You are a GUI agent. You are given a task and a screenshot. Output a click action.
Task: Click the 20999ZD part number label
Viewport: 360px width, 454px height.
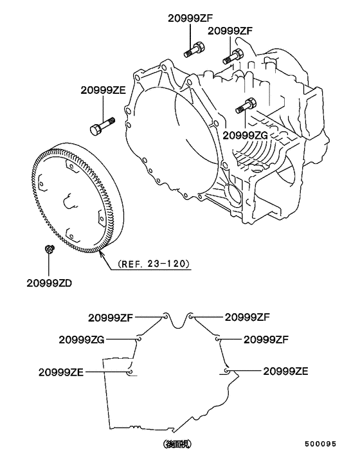point(50,282)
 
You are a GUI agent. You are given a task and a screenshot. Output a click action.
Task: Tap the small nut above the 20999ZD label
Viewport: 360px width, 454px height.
point(49,249)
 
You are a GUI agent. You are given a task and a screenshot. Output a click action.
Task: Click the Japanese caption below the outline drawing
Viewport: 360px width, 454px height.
point(177,443)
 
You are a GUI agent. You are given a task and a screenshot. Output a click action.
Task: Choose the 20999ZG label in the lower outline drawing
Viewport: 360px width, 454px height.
point(81,340)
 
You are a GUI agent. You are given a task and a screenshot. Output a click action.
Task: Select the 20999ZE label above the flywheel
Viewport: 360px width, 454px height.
point(103,91)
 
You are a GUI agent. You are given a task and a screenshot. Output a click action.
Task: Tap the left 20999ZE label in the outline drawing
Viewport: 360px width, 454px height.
point(61,372)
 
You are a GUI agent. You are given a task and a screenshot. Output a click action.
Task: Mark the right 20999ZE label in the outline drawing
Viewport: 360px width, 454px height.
point(286,371)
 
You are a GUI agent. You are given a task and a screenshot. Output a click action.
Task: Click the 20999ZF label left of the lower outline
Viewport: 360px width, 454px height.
point(110,317)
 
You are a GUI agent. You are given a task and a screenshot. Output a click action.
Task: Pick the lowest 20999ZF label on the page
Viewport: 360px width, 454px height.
point(265,339)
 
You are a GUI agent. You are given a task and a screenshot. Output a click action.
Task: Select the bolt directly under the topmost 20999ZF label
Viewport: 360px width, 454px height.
point(195,48)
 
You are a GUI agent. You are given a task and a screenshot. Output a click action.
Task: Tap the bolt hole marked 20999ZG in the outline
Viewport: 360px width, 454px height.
point(139,339)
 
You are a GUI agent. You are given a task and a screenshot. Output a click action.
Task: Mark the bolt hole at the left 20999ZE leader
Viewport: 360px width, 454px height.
point(130,371)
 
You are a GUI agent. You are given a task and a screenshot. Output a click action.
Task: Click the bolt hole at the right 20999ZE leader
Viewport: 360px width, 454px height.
point(228,371)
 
